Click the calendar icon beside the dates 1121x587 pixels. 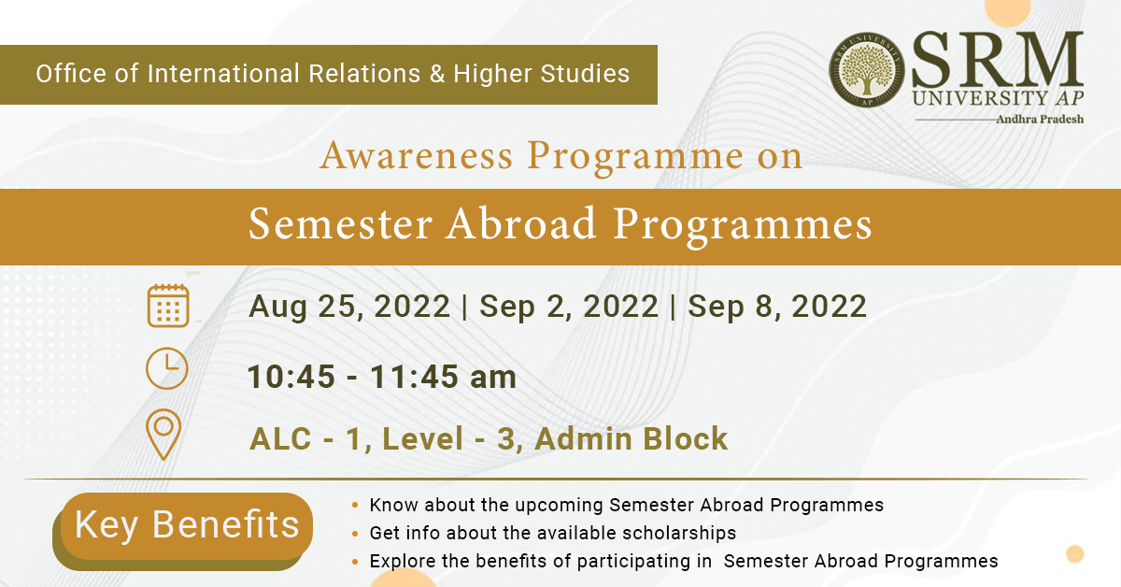pos(168,305)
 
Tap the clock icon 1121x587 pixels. pos(166,368)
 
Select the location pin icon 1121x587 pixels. pos(163,435)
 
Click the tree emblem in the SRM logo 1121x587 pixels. pos(866,70)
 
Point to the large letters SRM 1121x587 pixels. pos(998,60)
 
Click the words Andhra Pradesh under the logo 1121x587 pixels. pos(1040,120)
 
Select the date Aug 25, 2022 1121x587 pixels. pos(349,307)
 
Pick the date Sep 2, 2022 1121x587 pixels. pos(569,307)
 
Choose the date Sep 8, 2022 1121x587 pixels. pos(777,307)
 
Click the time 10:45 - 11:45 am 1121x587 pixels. pos(382,377)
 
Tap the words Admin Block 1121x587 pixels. pos(631,438)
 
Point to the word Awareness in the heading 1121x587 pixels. pos(417,156)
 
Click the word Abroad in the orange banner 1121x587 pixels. pos(521,224)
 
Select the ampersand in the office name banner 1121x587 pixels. pos(437,74)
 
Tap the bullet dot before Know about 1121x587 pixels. pos(355,506)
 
